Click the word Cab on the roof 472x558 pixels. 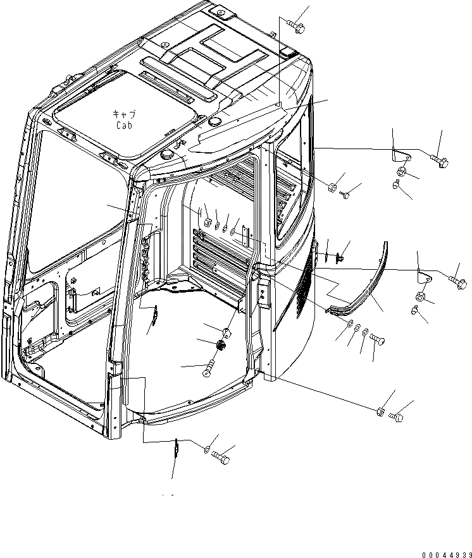[x=123, y=125]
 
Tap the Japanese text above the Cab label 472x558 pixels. [x=123, y=115]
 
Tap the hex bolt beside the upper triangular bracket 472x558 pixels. [x=439, y=159]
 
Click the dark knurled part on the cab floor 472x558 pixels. [x=221, y=346]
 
